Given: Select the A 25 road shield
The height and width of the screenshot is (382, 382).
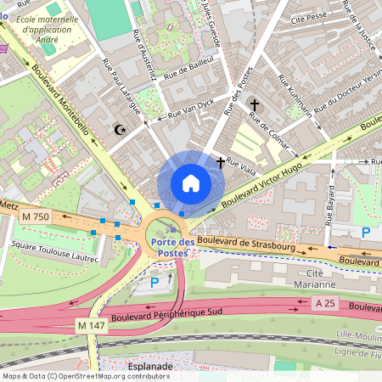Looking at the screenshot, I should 324,303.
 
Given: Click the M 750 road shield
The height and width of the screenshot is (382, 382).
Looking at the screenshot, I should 37,218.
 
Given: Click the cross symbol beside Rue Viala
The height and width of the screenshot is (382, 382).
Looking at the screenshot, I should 221,161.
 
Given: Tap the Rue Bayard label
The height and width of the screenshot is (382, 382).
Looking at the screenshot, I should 329,204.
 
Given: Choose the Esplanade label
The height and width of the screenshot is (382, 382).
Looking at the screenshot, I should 149,367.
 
